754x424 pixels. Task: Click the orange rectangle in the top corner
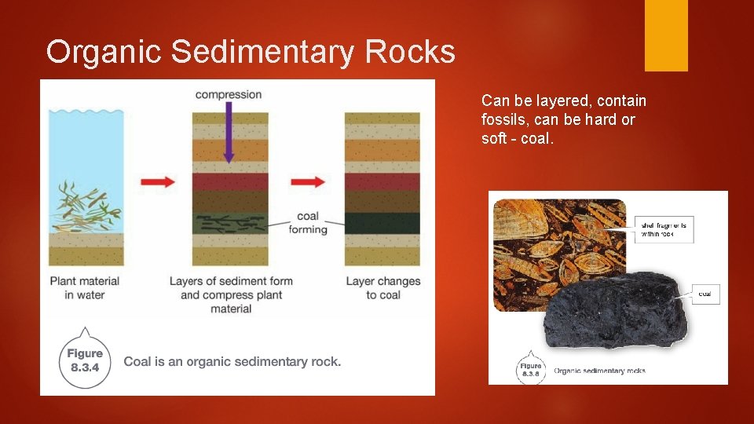pyautogui.click(x=666, y=35)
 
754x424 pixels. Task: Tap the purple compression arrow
pyautogui.click(x=228, y=133)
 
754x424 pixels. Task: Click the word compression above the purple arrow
pyautogui.click(x=229, y=95)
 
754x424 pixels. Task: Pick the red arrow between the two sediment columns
pyautogui.click(x=307, y=182)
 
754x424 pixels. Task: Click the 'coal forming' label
pyautogui.click(x=307, y=223)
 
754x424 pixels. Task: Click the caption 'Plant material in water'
pyautogui.click(x=85, y=287)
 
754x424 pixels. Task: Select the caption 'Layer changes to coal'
pyautogui.click(x=383, y=287)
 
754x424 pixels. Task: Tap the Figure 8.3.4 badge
pyautogui.click(x=85, y=361)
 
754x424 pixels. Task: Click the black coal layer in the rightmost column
pyautogui.click(x=382, y=222)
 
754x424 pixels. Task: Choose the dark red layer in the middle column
pyautogui.click(x=229, y=182)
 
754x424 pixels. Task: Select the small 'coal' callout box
pyautogui.click(x=705, y=294)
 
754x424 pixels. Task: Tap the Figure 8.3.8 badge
pyautogui.click(x=531, y=370)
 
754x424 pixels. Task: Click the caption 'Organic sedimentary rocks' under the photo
pyautogui.click(x=599, y=371)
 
